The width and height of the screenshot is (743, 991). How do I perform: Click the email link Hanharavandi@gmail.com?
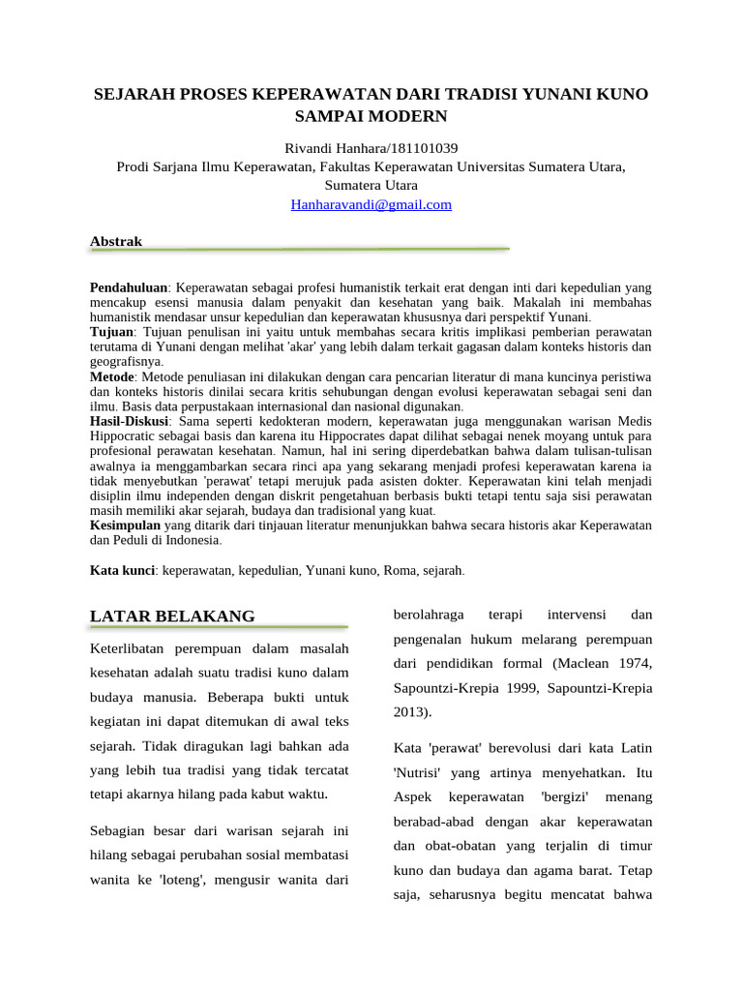coord(371,204)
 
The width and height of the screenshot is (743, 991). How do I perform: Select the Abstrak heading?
coord(115,241)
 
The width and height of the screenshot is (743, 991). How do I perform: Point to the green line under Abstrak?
coord(299,250)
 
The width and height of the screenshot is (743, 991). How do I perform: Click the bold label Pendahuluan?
coord(129,287)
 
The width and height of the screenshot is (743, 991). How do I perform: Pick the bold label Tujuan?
coord(111,331)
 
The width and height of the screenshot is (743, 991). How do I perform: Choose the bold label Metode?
coord(111,375)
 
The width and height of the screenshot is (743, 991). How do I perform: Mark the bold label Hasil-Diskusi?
coord(130,422)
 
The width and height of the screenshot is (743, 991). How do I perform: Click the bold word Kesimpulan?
coord(125,525)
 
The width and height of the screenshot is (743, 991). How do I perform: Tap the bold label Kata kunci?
coord(122,570)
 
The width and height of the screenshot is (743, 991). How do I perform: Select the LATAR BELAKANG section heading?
coord(172,616)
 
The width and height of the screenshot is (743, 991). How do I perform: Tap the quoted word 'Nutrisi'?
coord(417,773)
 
